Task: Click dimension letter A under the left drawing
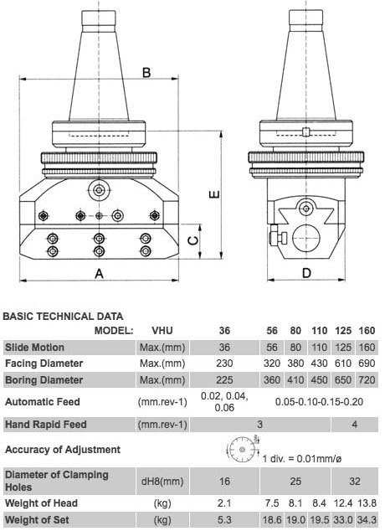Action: tap(98, 274)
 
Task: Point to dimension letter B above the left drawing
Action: tap(146, 73)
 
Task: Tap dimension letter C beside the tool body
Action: tap(193, 240)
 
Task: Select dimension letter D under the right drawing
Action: tap(306, 273)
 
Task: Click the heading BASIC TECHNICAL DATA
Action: tap(64, 317)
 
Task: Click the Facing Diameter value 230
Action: tap(223, 363)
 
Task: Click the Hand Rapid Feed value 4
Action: tap(355, 425)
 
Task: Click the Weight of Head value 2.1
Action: tap(223, 503)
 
